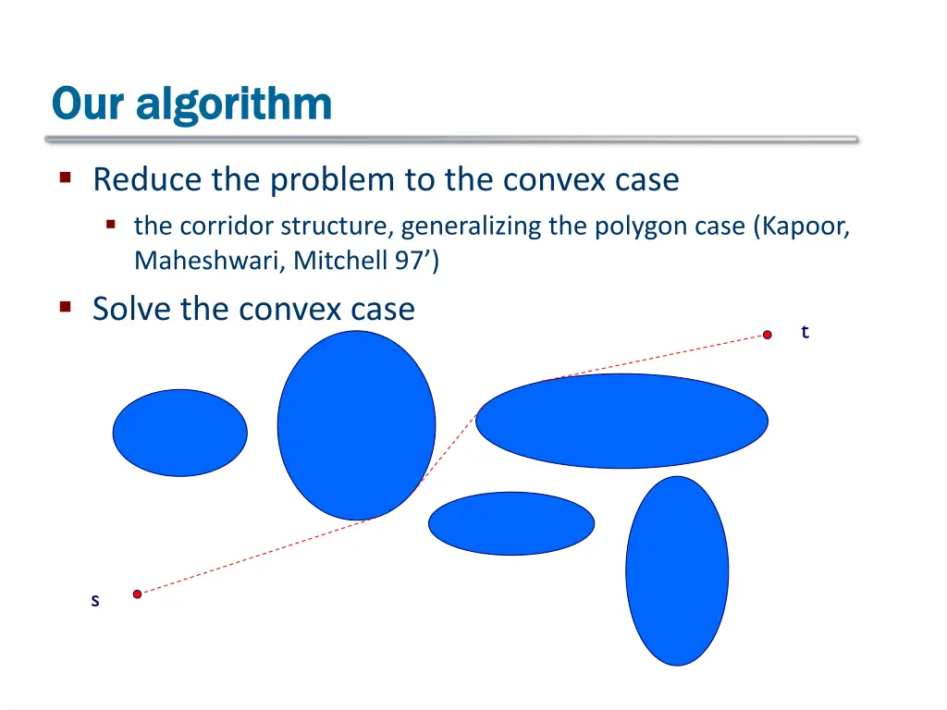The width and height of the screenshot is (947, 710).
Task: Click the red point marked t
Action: coord(767,335)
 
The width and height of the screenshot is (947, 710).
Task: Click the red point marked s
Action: coord(137,594)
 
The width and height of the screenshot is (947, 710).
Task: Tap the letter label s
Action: coord(94,601)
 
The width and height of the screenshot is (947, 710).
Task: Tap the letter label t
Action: coord(805,332)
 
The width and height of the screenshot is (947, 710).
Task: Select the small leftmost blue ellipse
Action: coord(180,433)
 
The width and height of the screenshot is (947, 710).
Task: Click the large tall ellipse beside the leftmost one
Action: coord(356,425)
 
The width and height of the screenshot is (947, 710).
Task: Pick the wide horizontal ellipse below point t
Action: coord(621,421)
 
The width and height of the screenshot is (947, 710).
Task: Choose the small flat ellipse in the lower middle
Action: coord(510,523)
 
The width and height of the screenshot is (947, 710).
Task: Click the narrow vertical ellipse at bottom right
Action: coord(677,570)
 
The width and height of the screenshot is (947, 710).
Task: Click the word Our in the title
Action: coord(88,104)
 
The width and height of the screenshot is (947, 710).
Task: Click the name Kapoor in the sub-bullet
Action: coord(805,226)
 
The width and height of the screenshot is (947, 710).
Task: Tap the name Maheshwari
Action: coord(210,262)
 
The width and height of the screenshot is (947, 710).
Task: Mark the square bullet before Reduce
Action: coord(66,177)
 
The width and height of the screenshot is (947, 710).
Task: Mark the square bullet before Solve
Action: coord(66,306)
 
